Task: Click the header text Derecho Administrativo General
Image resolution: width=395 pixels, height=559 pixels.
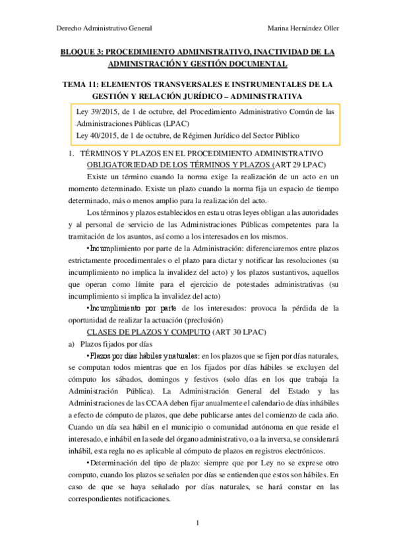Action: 104,28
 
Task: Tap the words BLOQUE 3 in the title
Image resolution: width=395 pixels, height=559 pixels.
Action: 80,51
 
